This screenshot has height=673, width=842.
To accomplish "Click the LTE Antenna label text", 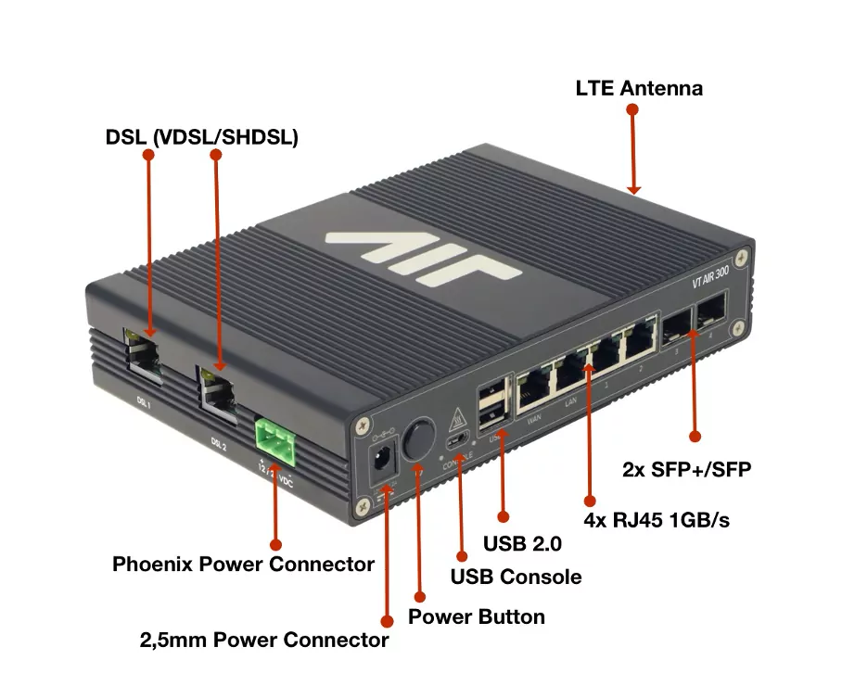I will [x=639, y=89].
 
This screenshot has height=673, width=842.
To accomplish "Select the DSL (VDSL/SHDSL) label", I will [x=201, y=138].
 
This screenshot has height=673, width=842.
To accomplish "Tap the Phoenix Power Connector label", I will [x=243, y=564].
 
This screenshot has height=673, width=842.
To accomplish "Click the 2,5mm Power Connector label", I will [x=263, y=640].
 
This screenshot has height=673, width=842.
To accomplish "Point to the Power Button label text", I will [x=477, y=616].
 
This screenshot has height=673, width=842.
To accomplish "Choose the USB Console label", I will [x=516, y=577].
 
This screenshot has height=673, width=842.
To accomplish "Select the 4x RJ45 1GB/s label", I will [x=657, y=519].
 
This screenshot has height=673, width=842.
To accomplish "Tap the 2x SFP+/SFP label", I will [x=686, y=470].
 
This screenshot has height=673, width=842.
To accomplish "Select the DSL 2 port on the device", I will [x=217, y=388].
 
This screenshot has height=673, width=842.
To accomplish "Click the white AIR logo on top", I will [x=423, y=249].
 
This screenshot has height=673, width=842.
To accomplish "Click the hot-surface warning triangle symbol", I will [x=456, y=421].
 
